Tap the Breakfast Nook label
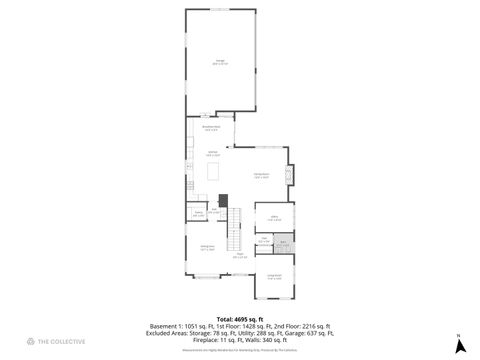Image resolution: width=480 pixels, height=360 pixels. click(211, 128)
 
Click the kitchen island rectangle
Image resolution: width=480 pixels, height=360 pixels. click(213, 172)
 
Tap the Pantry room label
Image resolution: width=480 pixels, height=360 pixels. click(198, 214)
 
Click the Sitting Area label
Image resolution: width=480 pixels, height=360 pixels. click(205, 248)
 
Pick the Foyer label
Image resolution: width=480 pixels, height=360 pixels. click(240, 256)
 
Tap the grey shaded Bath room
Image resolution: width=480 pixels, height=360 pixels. click(284, 242)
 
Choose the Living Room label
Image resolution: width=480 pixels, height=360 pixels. click(274, 278)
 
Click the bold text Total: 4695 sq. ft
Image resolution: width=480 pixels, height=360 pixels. click(239, 317)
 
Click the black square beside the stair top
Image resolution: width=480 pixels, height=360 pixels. click(225, 197)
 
